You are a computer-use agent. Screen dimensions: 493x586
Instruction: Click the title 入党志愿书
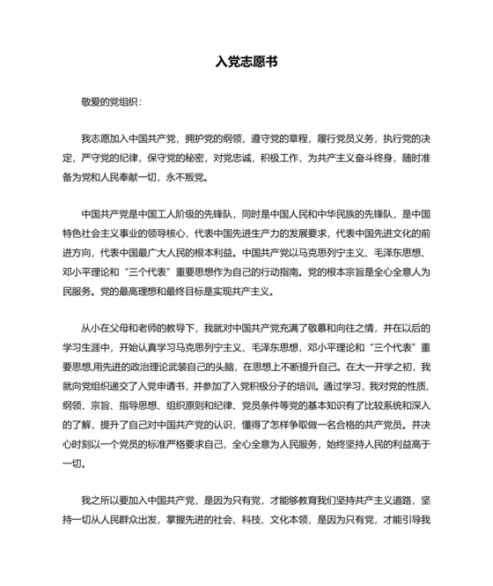point(246,63)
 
